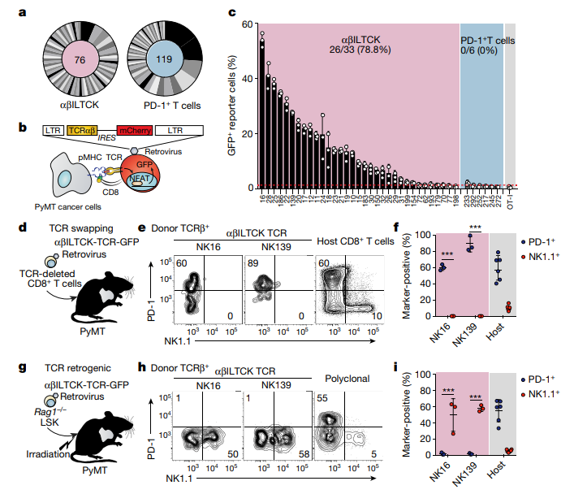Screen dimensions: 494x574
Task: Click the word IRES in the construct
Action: coord(107,140)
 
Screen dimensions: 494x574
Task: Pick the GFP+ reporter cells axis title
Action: coord(234,106)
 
